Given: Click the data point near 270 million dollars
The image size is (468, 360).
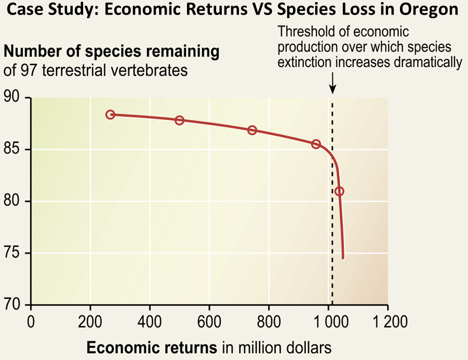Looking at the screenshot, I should (x=110, y=114).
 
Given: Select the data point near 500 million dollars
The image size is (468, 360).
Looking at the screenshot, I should (x=179, y=120).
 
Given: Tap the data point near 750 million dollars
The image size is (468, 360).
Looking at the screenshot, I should (x=252, y=130).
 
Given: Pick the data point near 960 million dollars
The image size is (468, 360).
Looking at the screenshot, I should (x=316, y=144).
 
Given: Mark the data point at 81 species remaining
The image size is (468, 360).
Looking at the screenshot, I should (x=339, y=191).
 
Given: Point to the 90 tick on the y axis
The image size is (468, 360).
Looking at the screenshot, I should (x=14, y=98).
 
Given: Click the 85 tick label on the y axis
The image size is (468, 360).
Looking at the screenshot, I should (x=14, y=150).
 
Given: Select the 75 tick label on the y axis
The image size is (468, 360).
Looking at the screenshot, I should (x=14, y=253).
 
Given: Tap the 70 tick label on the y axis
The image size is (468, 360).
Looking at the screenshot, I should (x=14, y=305).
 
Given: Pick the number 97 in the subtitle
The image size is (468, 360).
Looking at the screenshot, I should (x=24, y=70).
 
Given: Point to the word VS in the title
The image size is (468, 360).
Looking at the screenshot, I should (x=263, y=10).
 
